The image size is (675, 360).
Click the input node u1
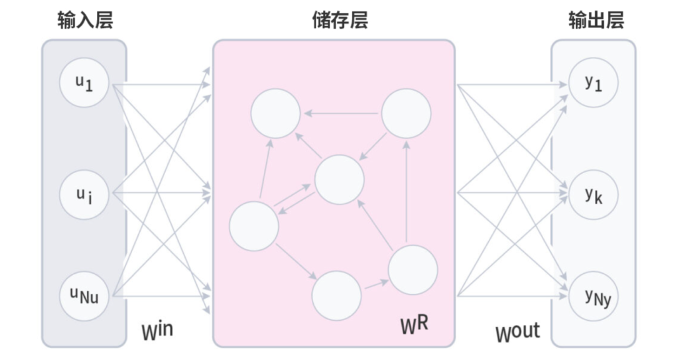pos(84,83)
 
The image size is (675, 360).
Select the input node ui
pos(84,194)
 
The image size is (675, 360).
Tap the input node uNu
pos(84,293)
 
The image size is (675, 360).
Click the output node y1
pos(593,83)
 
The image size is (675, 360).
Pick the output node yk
pos(593,194)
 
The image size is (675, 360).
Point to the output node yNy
pos(593,294)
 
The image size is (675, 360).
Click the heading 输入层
pos(85,21)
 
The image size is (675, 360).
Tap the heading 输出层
pos(596,21)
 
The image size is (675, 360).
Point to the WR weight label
pos(416,324)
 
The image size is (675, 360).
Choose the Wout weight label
pos(518,332)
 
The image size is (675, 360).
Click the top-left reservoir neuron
pos(276,113)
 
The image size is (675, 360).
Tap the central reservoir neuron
pos(339,180)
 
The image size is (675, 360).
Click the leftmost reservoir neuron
pos(254,226)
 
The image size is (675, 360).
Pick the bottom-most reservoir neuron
pos(337,296)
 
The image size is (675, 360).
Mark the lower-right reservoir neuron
pos(412,271)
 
